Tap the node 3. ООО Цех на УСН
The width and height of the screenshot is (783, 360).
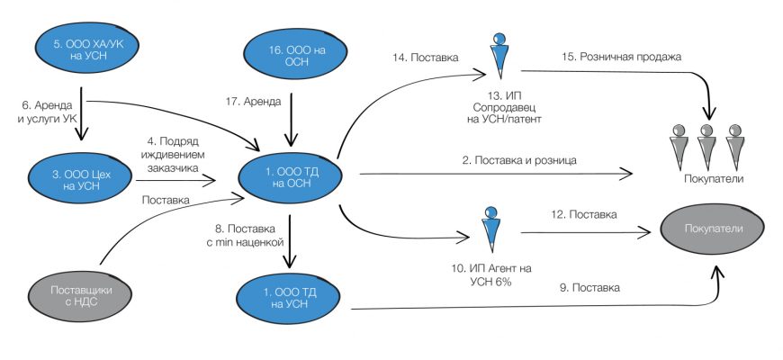click(82, 176)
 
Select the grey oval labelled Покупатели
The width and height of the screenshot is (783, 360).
click(712, 229)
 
